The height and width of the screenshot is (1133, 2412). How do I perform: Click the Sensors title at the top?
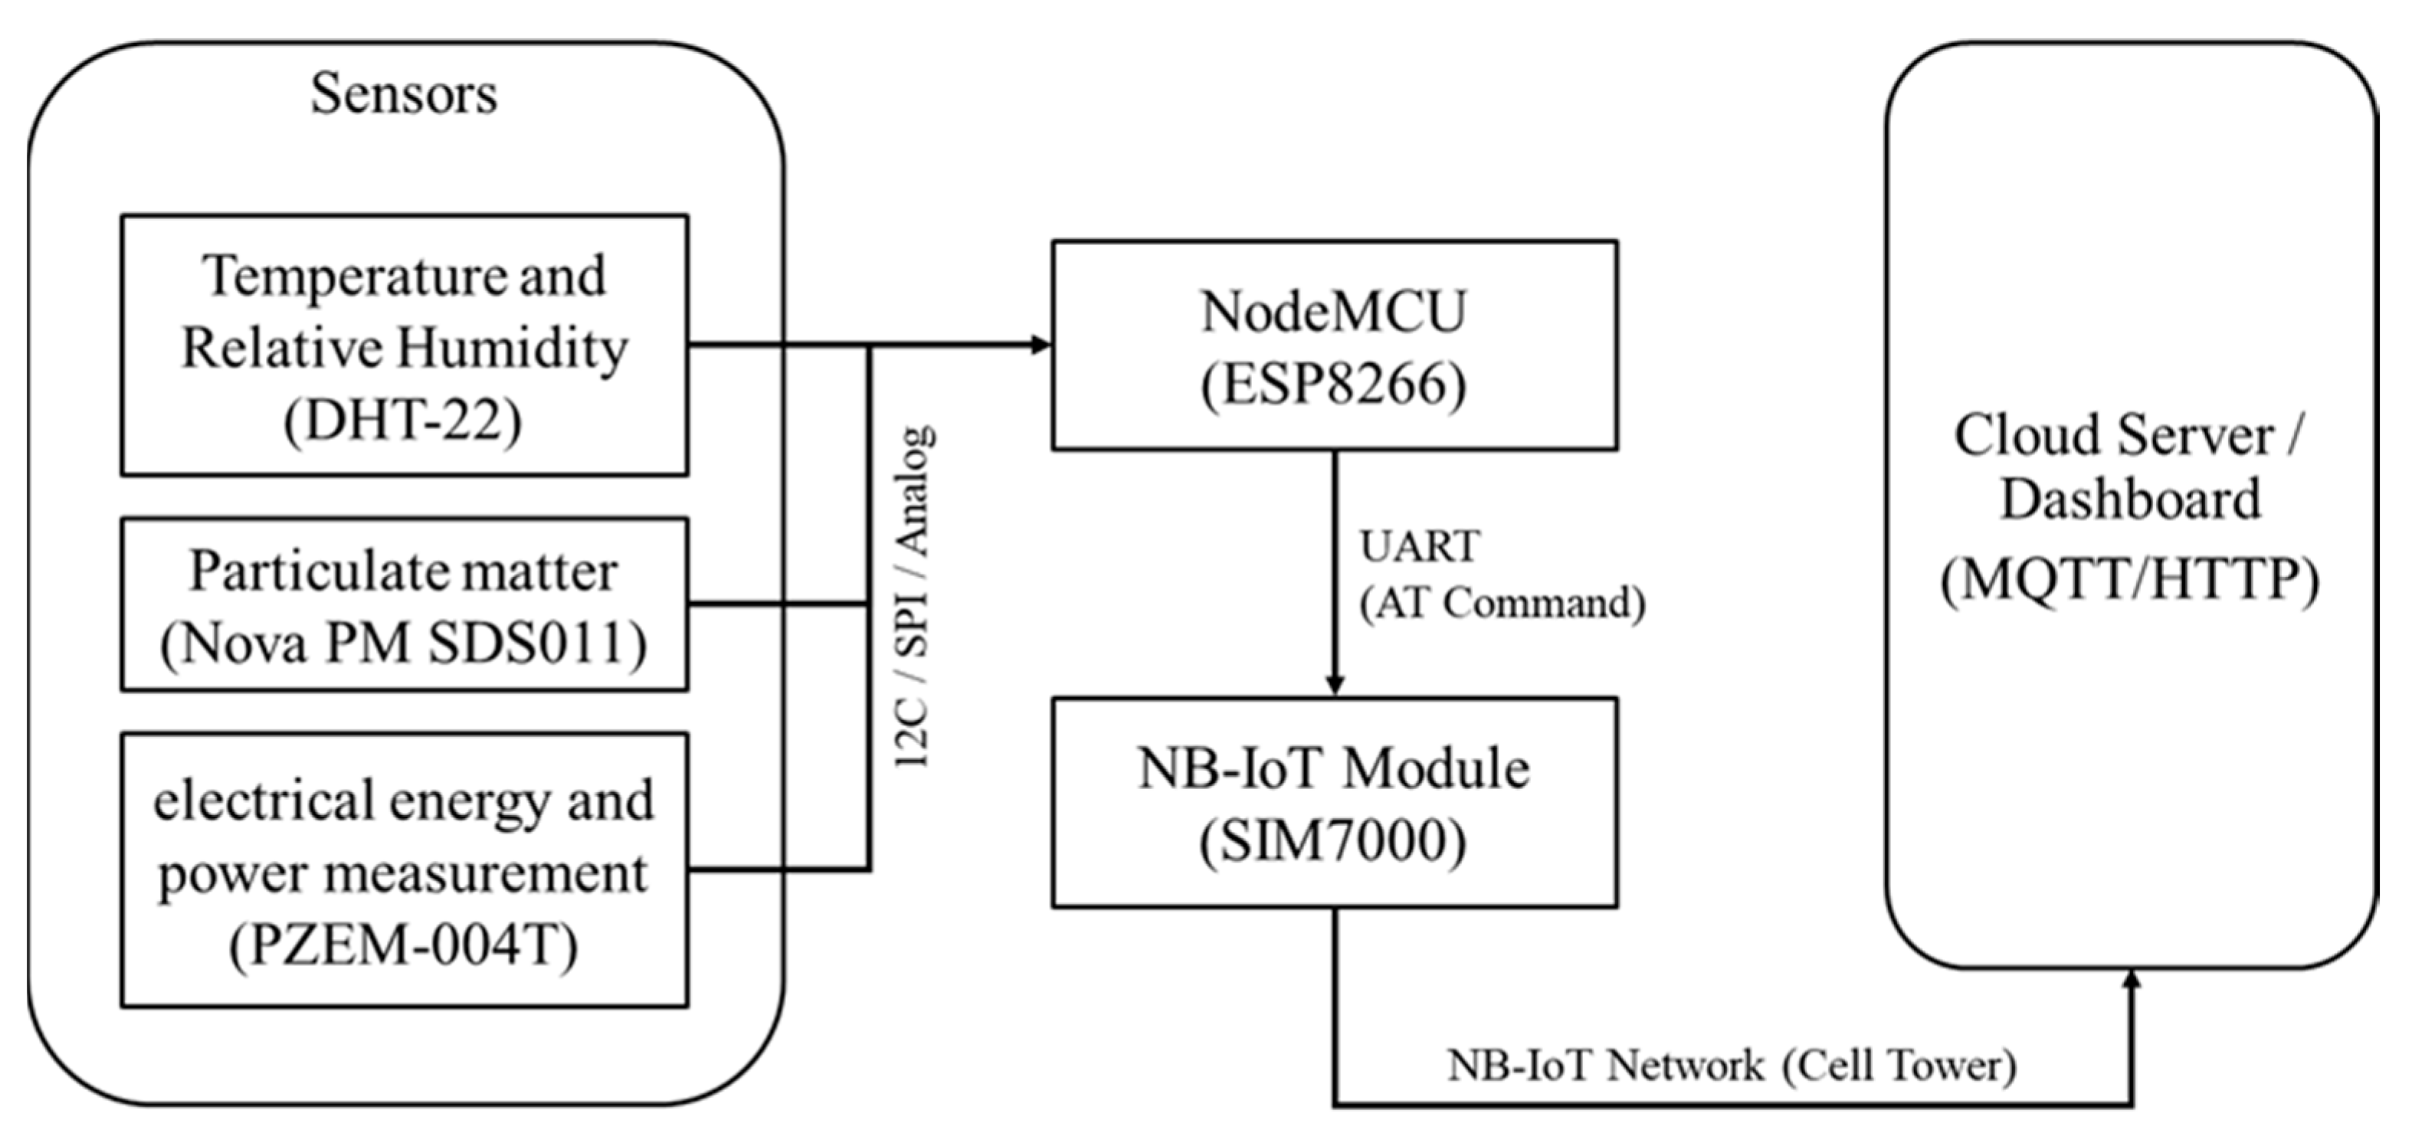[404, 94]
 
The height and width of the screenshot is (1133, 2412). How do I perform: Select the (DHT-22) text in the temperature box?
[404, 421]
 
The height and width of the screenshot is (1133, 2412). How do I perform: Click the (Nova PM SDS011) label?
[404, 644]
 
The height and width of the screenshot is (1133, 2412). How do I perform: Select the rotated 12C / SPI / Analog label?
[912, 598]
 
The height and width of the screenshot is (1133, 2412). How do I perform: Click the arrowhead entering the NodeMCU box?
[1041, 345]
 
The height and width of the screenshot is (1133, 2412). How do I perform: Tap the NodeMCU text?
[1333, 312]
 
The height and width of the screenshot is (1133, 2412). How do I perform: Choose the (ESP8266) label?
[1333, 385]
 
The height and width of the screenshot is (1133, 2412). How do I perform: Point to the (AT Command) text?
[1502, 603]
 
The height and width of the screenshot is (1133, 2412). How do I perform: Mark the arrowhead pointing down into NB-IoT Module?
[1335, 685]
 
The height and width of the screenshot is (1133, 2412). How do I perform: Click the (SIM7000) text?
[1333, 841]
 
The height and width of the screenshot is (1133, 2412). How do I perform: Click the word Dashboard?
[2130, 499]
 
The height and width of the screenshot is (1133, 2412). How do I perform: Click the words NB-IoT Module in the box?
[1333, 770]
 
